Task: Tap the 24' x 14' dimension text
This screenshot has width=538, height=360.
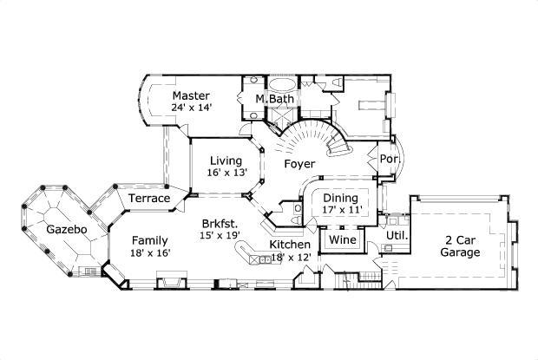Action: (x=191, y=108)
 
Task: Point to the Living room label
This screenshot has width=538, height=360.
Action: (x=226, y=160)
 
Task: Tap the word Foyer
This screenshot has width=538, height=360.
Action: (x=299, y=163)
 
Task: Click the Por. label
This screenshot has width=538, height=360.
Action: (x=388, y=160)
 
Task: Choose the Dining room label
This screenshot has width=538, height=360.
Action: (x=340, y=197)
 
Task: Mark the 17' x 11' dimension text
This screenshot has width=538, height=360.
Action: (x=340, y=210)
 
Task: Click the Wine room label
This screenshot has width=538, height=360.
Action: (x=341, y=239)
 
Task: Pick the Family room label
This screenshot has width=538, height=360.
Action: (x=150, y=240)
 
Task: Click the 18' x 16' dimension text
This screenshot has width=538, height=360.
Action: (x=150, y=253)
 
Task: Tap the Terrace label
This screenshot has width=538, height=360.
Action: (x=148, y=199)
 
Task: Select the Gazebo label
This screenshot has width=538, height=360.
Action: (x=67, y=230)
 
